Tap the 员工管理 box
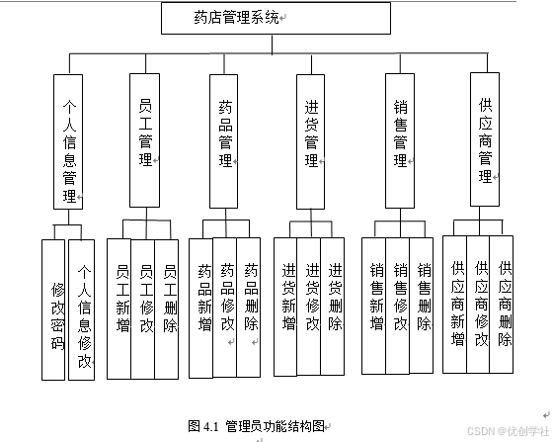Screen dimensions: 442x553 (x=145, y=138)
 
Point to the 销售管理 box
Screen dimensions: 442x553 (x=400, y=138)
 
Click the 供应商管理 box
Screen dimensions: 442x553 (x=484, y=138)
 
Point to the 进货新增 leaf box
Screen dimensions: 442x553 (x=286, y=307)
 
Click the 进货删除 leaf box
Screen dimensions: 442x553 (x=335, y=307)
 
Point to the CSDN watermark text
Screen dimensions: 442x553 (x=508, y=431)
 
